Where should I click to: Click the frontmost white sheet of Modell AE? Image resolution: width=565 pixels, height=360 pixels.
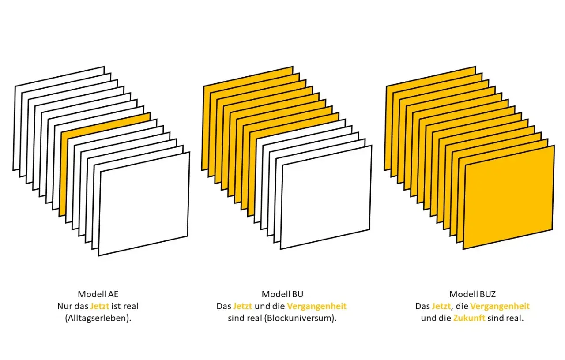pos(144,204)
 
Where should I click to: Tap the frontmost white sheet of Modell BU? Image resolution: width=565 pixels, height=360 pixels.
pos(326,197)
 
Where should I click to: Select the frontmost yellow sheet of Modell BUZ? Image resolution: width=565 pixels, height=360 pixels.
pos(509,197)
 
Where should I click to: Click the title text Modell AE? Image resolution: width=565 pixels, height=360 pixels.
pos(98,294)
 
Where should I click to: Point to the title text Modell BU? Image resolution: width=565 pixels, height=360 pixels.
pos(282,294)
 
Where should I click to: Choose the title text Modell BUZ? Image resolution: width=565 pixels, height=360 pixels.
pos(472,294)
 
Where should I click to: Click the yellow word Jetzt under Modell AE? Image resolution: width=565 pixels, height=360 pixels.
pos(100,306)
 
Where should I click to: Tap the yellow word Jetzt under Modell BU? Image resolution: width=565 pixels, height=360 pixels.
pos(243,306)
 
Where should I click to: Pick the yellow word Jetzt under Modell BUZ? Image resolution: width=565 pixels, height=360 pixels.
pos(441,306)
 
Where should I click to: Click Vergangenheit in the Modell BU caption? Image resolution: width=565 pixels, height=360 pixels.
pos(317,306)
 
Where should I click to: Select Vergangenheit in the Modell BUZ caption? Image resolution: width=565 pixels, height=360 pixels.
pos(500,306)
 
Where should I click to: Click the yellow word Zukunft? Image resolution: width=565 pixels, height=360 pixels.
pos(469,318)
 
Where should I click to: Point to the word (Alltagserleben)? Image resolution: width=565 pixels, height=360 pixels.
pos(98,319)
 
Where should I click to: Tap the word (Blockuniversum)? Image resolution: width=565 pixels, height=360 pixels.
pos(300,319)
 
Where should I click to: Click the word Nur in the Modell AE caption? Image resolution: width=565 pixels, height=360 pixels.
pos(63,306)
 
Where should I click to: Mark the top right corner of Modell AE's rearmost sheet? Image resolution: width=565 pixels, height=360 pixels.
pos(104,67)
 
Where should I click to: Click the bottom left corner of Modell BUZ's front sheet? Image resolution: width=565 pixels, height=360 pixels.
pos(463,249)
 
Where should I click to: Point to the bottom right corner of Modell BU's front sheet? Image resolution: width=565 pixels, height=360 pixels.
pos(370,229)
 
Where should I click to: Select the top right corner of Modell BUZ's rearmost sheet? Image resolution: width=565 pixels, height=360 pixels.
pos(475,67)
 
